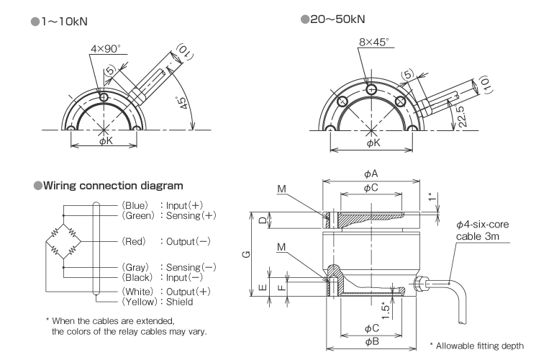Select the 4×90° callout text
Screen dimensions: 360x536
click(x=105, y=49)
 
